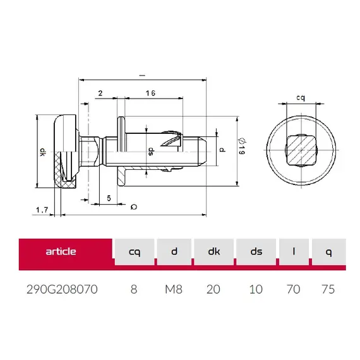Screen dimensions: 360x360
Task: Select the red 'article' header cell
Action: click(61, 251)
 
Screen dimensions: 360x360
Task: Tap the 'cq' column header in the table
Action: click(134, 252)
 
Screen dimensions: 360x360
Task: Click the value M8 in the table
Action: click(174, 289)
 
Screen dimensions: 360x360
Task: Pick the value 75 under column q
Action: click(328, 289)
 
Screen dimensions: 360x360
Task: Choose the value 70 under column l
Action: click(293, 289)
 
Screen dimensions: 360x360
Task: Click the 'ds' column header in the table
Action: click(256, 252)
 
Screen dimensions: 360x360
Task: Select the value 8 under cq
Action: click(133, 289)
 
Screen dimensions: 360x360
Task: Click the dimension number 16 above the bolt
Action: click(150, 93)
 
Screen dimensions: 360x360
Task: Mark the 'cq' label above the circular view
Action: click(301, 98)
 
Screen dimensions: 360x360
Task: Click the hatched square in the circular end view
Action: click(301, 151)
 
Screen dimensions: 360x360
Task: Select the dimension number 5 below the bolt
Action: click(109, 198)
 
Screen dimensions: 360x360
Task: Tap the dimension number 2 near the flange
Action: click(100, 93)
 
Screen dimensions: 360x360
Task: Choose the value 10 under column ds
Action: click(256, 289)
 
